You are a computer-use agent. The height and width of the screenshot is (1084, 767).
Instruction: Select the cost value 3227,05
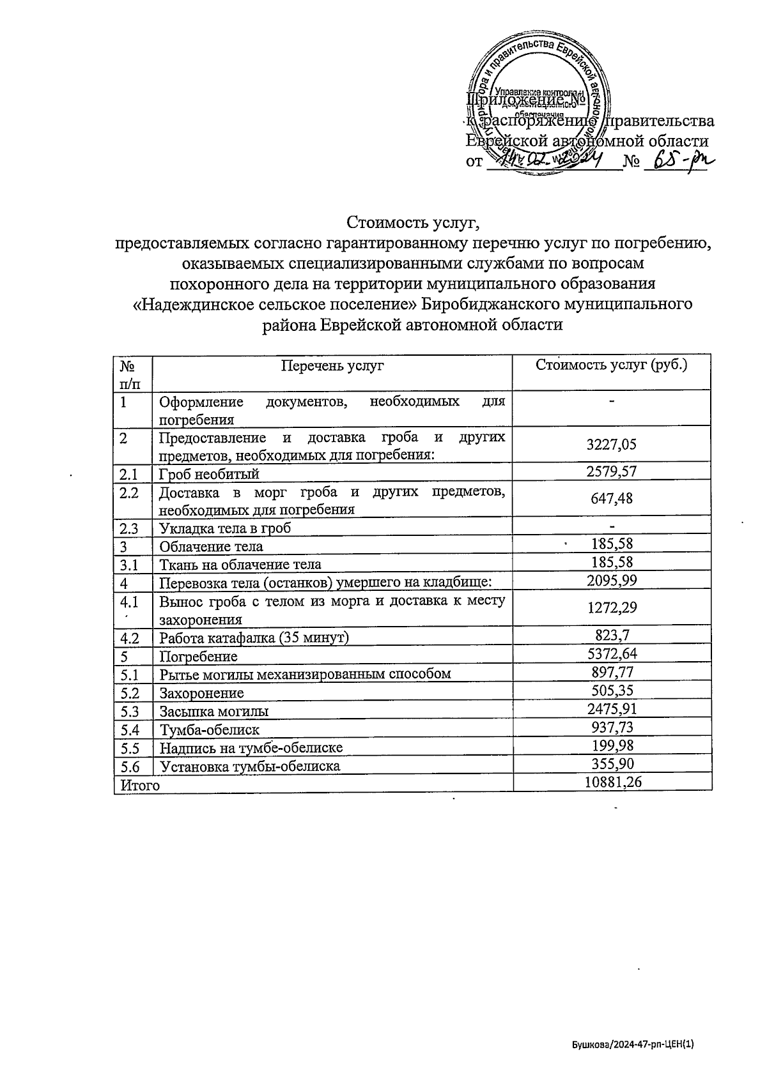pos(612,445)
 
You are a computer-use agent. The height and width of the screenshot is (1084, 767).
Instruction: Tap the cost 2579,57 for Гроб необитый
pos(612,472)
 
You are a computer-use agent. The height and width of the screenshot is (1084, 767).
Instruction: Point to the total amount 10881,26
pos(613,782)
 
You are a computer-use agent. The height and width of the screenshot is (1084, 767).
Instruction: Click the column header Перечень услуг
pos(332,366)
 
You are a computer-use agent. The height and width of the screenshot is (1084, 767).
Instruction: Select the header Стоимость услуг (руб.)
pos(612,365)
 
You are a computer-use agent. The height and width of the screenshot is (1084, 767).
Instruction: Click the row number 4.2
pos(129,637)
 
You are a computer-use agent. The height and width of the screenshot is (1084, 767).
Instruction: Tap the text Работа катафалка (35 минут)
pos(254,637)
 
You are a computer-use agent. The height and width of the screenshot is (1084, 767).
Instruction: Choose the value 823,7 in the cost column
pos(612,635)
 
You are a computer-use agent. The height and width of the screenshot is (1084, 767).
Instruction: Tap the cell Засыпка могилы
pos(213,711)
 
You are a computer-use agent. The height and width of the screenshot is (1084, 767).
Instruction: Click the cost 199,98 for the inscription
pos(612,745)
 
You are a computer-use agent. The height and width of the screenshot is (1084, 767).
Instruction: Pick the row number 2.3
pos(129,528)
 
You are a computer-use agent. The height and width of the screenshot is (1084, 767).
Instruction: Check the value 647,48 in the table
pos(612,498)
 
